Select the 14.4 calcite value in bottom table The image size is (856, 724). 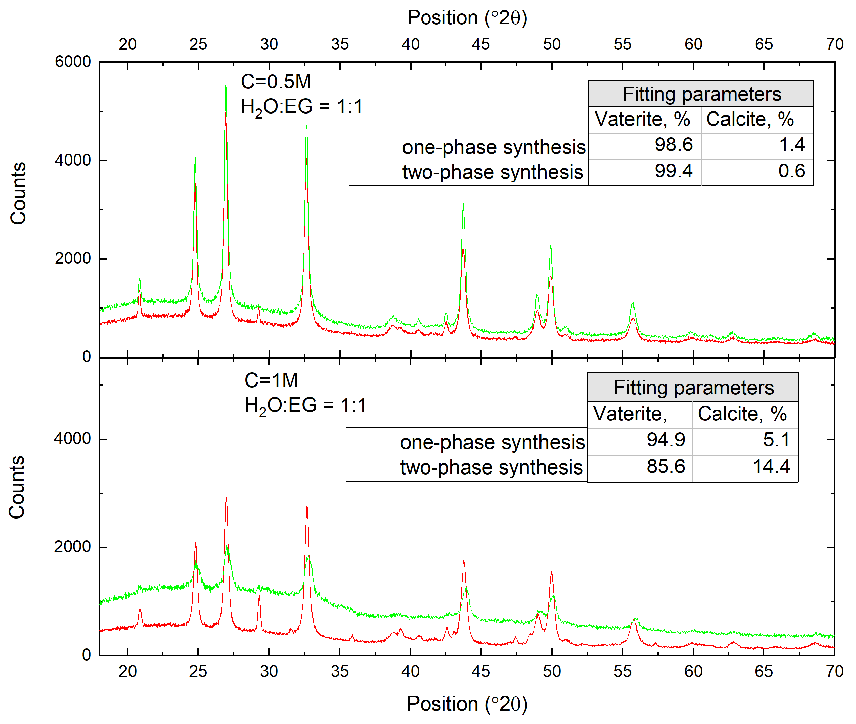(x=771, y=466)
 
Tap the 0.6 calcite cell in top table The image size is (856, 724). (x=791, y=171)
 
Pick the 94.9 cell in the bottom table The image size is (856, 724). (x=666, y=440)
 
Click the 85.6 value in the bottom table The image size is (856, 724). (x=666, y=466)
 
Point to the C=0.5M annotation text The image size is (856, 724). (x=276, y=82)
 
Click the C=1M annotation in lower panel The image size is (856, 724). (x=271, y=380)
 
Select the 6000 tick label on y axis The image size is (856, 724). (x=73, y=62)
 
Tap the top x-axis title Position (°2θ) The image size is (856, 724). (x=467, y=18)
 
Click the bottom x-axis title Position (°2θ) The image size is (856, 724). (x=467, y=704)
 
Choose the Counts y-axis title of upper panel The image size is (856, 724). (x=18, y=193)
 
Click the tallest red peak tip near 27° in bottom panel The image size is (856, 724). (x=226, y=498)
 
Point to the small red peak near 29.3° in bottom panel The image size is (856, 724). (x=259, y=595)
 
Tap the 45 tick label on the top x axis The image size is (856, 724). (x=481, y=44)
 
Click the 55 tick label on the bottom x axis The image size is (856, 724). (x=622, y=672)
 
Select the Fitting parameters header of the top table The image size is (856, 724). (x=701, y=94)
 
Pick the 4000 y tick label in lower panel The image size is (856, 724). (x=72, y=439)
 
